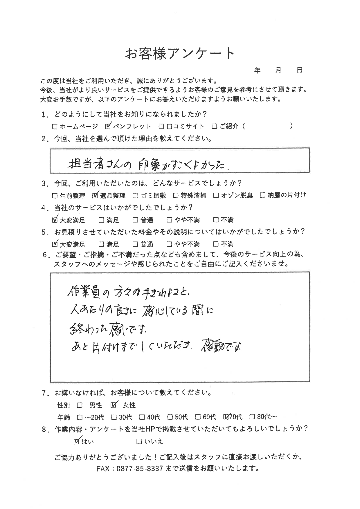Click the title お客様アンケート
(x=180, y=53)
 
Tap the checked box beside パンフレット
(x=108, y=127)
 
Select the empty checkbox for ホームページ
(x=55, y=127)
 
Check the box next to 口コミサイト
(x=161, y=127)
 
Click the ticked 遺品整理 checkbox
(x=95, y=196)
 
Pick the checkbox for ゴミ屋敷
(x=136, y=196)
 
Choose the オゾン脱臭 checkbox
(x=216, y=196)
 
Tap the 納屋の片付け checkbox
(x=263, y=196)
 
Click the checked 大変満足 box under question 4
(x=55, y=220)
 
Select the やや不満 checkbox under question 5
(x=170, y=244)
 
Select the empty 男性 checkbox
(x=80, y=405)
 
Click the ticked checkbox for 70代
(x=226, y=417)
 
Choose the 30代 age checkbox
(x=114, y=417)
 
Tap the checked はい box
(x=77, y=441)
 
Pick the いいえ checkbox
(x=139, y=442)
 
